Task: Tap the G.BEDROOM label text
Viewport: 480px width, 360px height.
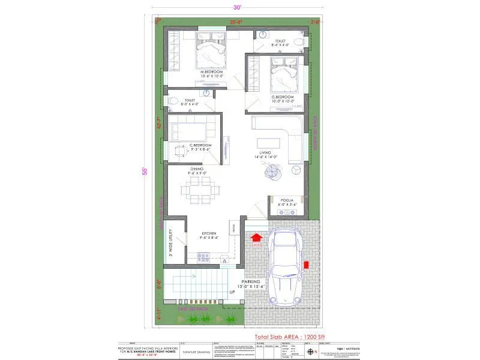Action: coord(282,97)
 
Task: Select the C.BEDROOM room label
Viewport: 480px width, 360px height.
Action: coord(200,145)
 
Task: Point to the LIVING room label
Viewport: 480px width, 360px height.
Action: coord(265,154)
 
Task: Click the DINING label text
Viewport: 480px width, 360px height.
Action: coord(197,170)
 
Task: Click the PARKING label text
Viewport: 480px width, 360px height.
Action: coord(251,281)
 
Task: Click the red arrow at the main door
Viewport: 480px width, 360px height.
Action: coord(256,238)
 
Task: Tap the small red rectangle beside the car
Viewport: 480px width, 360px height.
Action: coord(306,264)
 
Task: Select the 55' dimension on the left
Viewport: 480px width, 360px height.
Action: coord(145,170)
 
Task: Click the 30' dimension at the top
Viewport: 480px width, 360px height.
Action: coord(238,7)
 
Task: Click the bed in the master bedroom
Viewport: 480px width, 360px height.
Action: coord(211,53)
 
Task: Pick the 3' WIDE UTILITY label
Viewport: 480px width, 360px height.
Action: coord(171,243)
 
